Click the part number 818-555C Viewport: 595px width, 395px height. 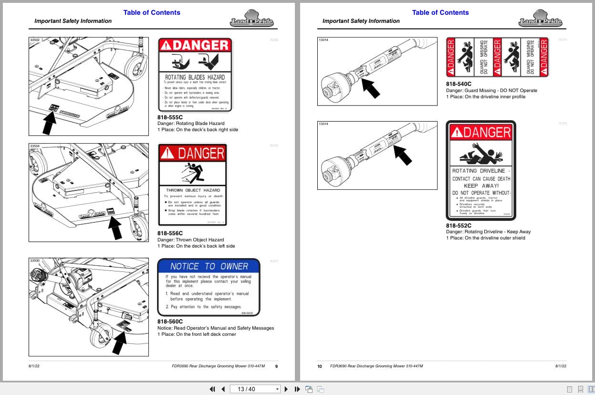click(170, 117)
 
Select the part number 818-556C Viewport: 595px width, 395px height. click(170, 233)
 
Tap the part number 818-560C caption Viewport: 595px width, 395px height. click(170, 322)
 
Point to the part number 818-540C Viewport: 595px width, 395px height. click(459, 84)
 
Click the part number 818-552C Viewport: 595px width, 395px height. click(459, 226)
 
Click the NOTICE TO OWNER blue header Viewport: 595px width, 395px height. click(209, 266)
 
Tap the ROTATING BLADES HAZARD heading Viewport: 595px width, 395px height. click(195, 77)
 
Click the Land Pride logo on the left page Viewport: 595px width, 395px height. click(251, 19)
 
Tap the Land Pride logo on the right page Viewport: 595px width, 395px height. click(540, 19)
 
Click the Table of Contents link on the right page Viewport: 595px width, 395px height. click(440, 12)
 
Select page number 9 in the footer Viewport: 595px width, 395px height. click(276, 366)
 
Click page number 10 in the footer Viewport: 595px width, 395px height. click(320, 366)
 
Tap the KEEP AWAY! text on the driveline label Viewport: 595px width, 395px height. click(481, 186)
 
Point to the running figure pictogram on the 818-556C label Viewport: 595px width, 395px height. click(193, 173)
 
